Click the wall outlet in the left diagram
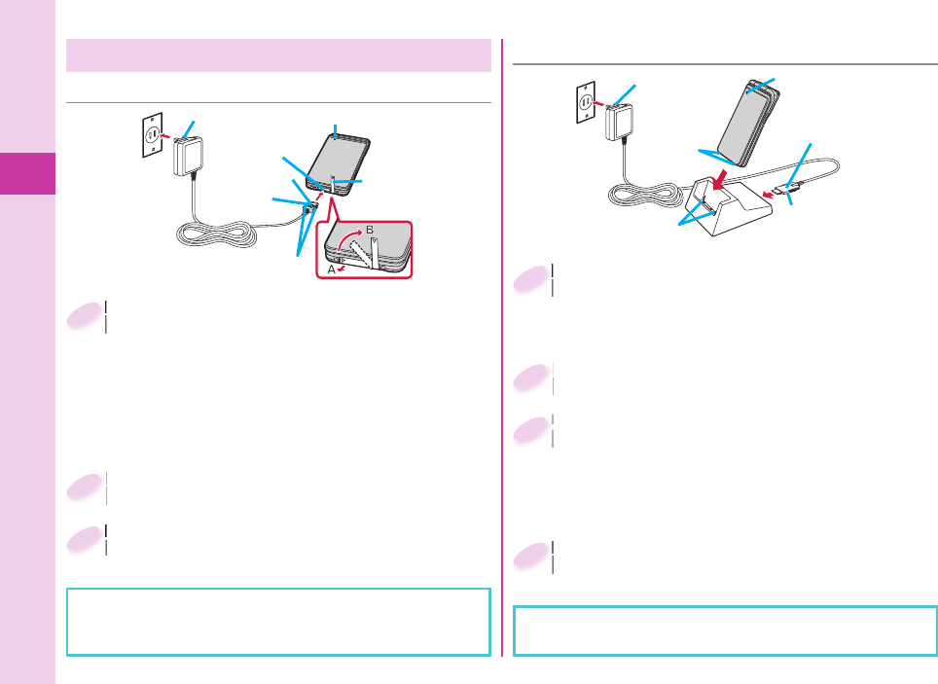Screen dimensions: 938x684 click(x=151, y=136)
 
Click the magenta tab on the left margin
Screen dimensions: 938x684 click(x=27, y=172)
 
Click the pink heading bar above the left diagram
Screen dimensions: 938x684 click(x=278, y=55)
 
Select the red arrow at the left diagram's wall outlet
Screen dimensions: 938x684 click(x=166, y=136)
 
